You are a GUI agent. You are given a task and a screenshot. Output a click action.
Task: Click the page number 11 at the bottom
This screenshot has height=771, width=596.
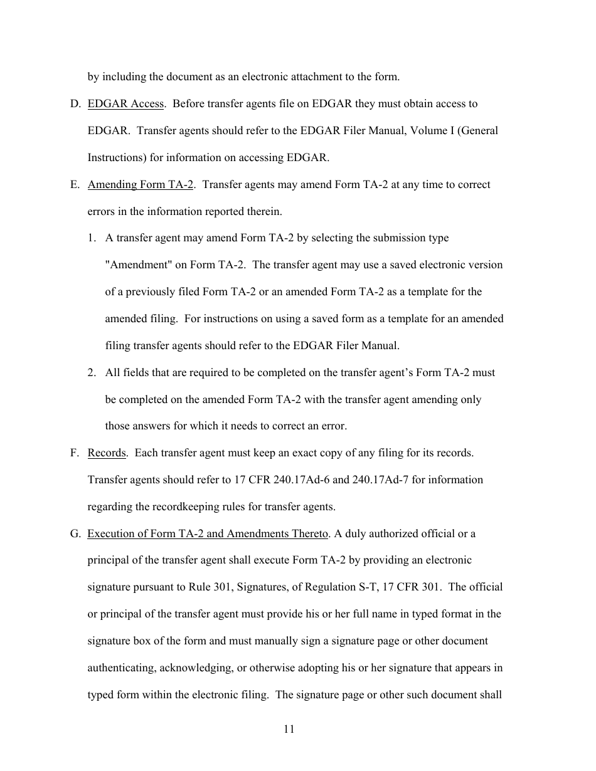[x=289, y=728]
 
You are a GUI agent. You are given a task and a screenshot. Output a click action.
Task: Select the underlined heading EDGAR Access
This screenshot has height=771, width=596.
[x=125, y=104]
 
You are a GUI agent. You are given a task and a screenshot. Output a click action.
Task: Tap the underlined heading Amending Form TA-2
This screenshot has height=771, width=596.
[x=140, y=185]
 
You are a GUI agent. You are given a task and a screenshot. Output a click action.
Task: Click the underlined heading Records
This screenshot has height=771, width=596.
[x=106, y=453]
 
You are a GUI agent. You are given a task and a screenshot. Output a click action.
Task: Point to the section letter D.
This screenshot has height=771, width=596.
[x=75, y=104]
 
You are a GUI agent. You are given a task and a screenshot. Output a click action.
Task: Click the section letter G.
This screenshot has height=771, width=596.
[x=75, y=534]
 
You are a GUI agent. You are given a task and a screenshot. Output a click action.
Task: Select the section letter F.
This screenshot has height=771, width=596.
[x=74, y=453]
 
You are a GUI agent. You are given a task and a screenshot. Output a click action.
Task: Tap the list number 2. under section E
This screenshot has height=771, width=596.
[x=92, y=373]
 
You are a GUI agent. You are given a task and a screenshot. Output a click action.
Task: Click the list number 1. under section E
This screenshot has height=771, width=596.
[x=92, y=238]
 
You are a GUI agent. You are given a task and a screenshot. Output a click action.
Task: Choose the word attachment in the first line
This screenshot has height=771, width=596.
[x=327, y=77]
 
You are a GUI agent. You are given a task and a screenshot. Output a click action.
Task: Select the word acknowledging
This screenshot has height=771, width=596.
[x=194, y=668]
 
